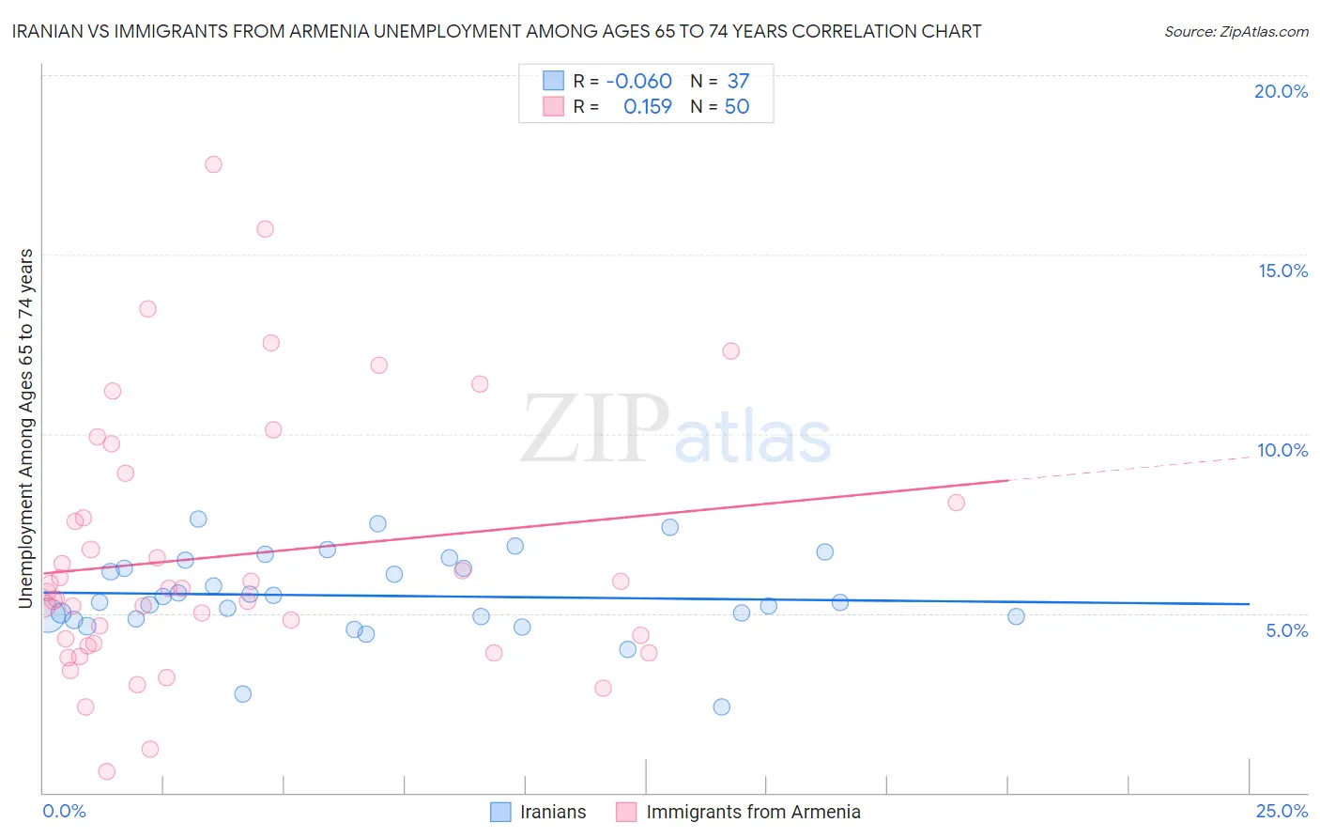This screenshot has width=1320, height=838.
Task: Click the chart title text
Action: [x=497, y=31]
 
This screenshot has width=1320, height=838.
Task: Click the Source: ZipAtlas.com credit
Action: [x=1236, y=31]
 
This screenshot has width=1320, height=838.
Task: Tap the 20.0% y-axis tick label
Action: [x=1281, y=91]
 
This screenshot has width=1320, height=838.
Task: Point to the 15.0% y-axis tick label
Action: [x=1282, y=271]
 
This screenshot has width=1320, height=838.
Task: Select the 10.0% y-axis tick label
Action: [x=1282, y=450]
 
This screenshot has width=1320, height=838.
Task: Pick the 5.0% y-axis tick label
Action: [x=1286, y=630]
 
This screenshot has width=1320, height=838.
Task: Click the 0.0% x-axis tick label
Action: [x=64, y=811]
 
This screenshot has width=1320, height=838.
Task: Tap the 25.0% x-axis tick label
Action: [x=1282, y=811]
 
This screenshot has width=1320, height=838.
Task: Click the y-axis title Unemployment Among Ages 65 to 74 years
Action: [x=26, y=427]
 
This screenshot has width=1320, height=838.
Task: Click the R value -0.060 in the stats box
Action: [x=638, y=82]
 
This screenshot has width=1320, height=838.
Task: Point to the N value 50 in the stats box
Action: [x=737, y=107]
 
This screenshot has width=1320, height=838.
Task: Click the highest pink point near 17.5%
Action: [x=213, y=164]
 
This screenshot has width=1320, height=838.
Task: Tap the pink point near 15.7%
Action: [x=265, y=229]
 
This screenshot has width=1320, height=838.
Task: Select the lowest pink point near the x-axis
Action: [x=107, y=771]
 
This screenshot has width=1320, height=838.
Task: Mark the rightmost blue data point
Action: [x=1016, y=616]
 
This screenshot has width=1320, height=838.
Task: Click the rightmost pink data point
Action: [x=957, y=503]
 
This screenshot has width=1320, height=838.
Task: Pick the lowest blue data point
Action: [x=721, y=706]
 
